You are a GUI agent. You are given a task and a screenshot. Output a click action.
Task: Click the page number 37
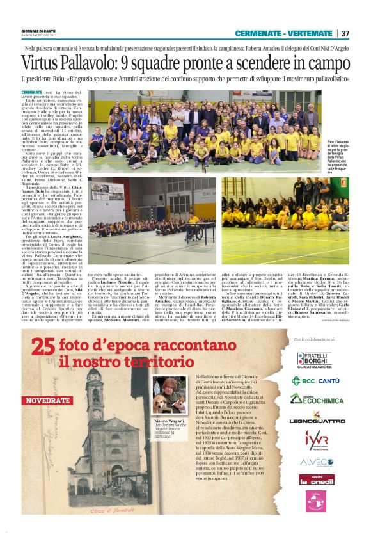pos(345,33)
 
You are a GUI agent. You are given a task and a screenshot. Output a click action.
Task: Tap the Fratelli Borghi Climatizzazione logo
pos(314,360)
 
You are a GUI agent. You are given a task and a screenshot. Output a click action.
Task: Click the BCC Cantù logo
pos(314,381)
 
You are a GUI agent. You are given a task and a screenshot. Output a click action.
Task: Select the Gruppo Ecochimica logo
pos(314,399)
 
